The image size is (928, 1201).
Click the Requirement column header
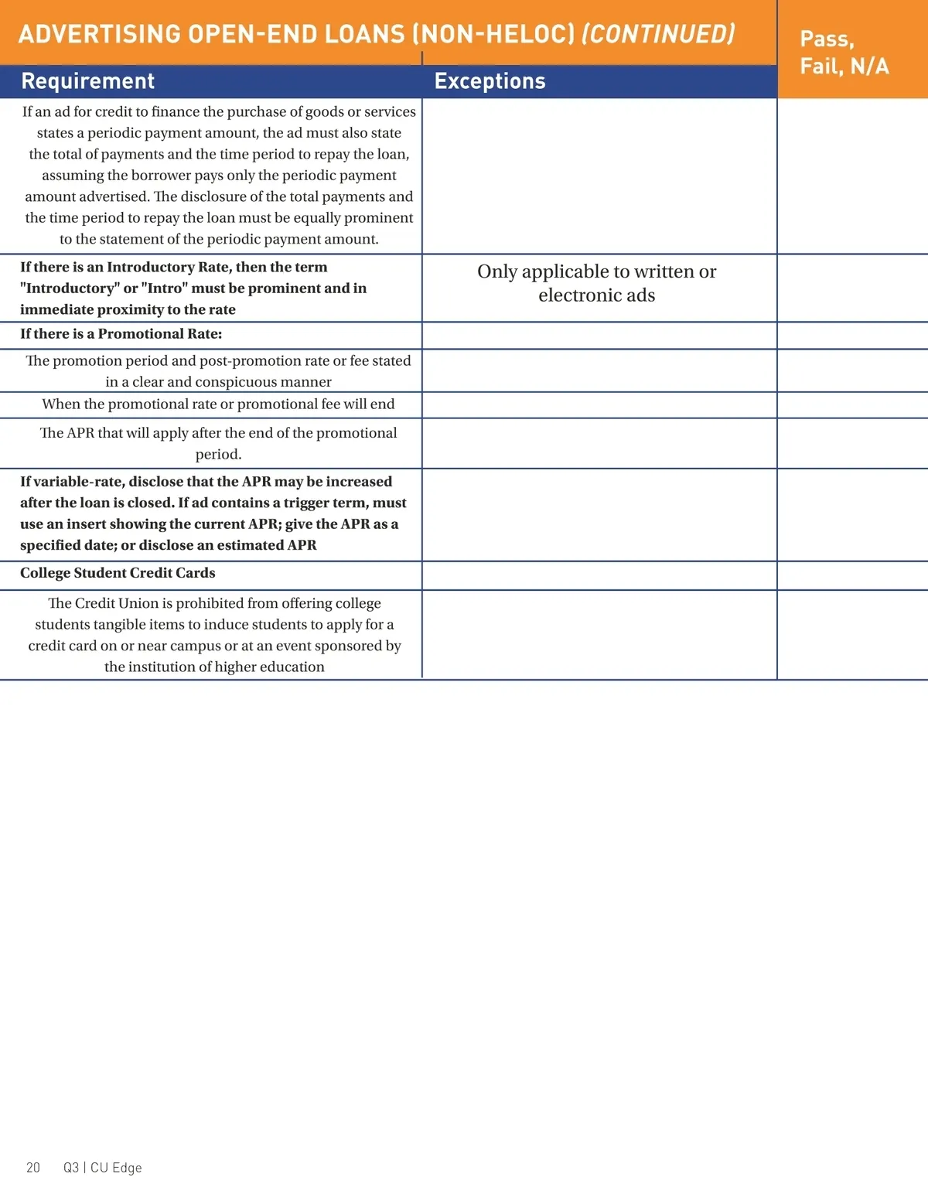88,81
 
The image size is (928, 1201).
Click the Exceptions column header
490,81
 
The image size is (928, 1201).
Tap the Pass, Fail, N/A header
844,53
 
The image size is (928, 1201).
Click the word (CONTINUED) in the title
658,34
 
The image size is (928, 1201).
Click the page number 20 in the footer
33,1168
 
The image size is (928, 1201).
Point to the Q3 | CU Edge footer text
103,1168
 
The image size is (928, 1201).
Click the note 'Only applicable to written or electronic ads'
596,283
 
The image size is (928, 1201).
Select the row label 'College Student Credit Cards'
118,573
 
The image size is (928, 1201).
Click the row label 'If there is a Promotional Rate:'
121,334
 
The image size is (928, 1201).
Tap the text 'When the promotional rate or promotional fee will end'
218,404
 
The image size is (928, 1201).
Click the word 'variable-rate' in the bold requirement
77,482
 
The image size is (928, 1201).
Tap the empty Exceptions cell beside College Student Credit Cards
599,575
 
